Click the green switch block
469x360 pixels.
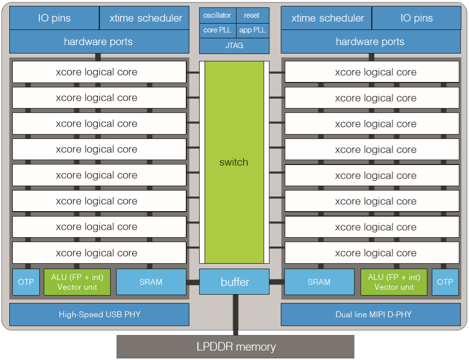tap(234, 162)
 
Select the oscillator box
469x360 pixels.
tap(217, 15)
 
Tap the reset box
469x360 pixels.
tap(252, 15)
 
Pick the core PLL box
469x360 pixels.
tap(217, 30)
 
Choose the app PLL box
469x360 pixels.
tap(252, 30)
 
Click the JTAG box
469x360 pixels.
tap(234, 46)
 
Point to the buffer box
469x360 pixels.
tap(234, 282)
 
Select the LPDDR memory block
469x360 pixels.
tap(235, 347)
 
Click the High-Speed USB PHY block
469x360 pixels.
tap(99, 314)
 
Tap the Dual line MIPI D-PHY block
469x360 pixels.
tap(371, 314)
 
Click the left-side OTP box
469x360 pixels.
tap(26, 282)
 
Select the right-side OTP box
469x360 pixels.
tap(445, 282)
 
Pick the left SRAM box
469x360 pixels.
tap(151, 282)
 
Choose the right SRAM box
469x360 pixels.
tap(319, 282)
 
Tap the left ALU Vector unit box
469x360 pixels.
tap(77, 282)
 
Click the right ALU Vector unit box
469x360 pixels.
tap(394, 282)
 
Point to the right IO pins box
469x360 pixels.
tap(416, 18)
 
